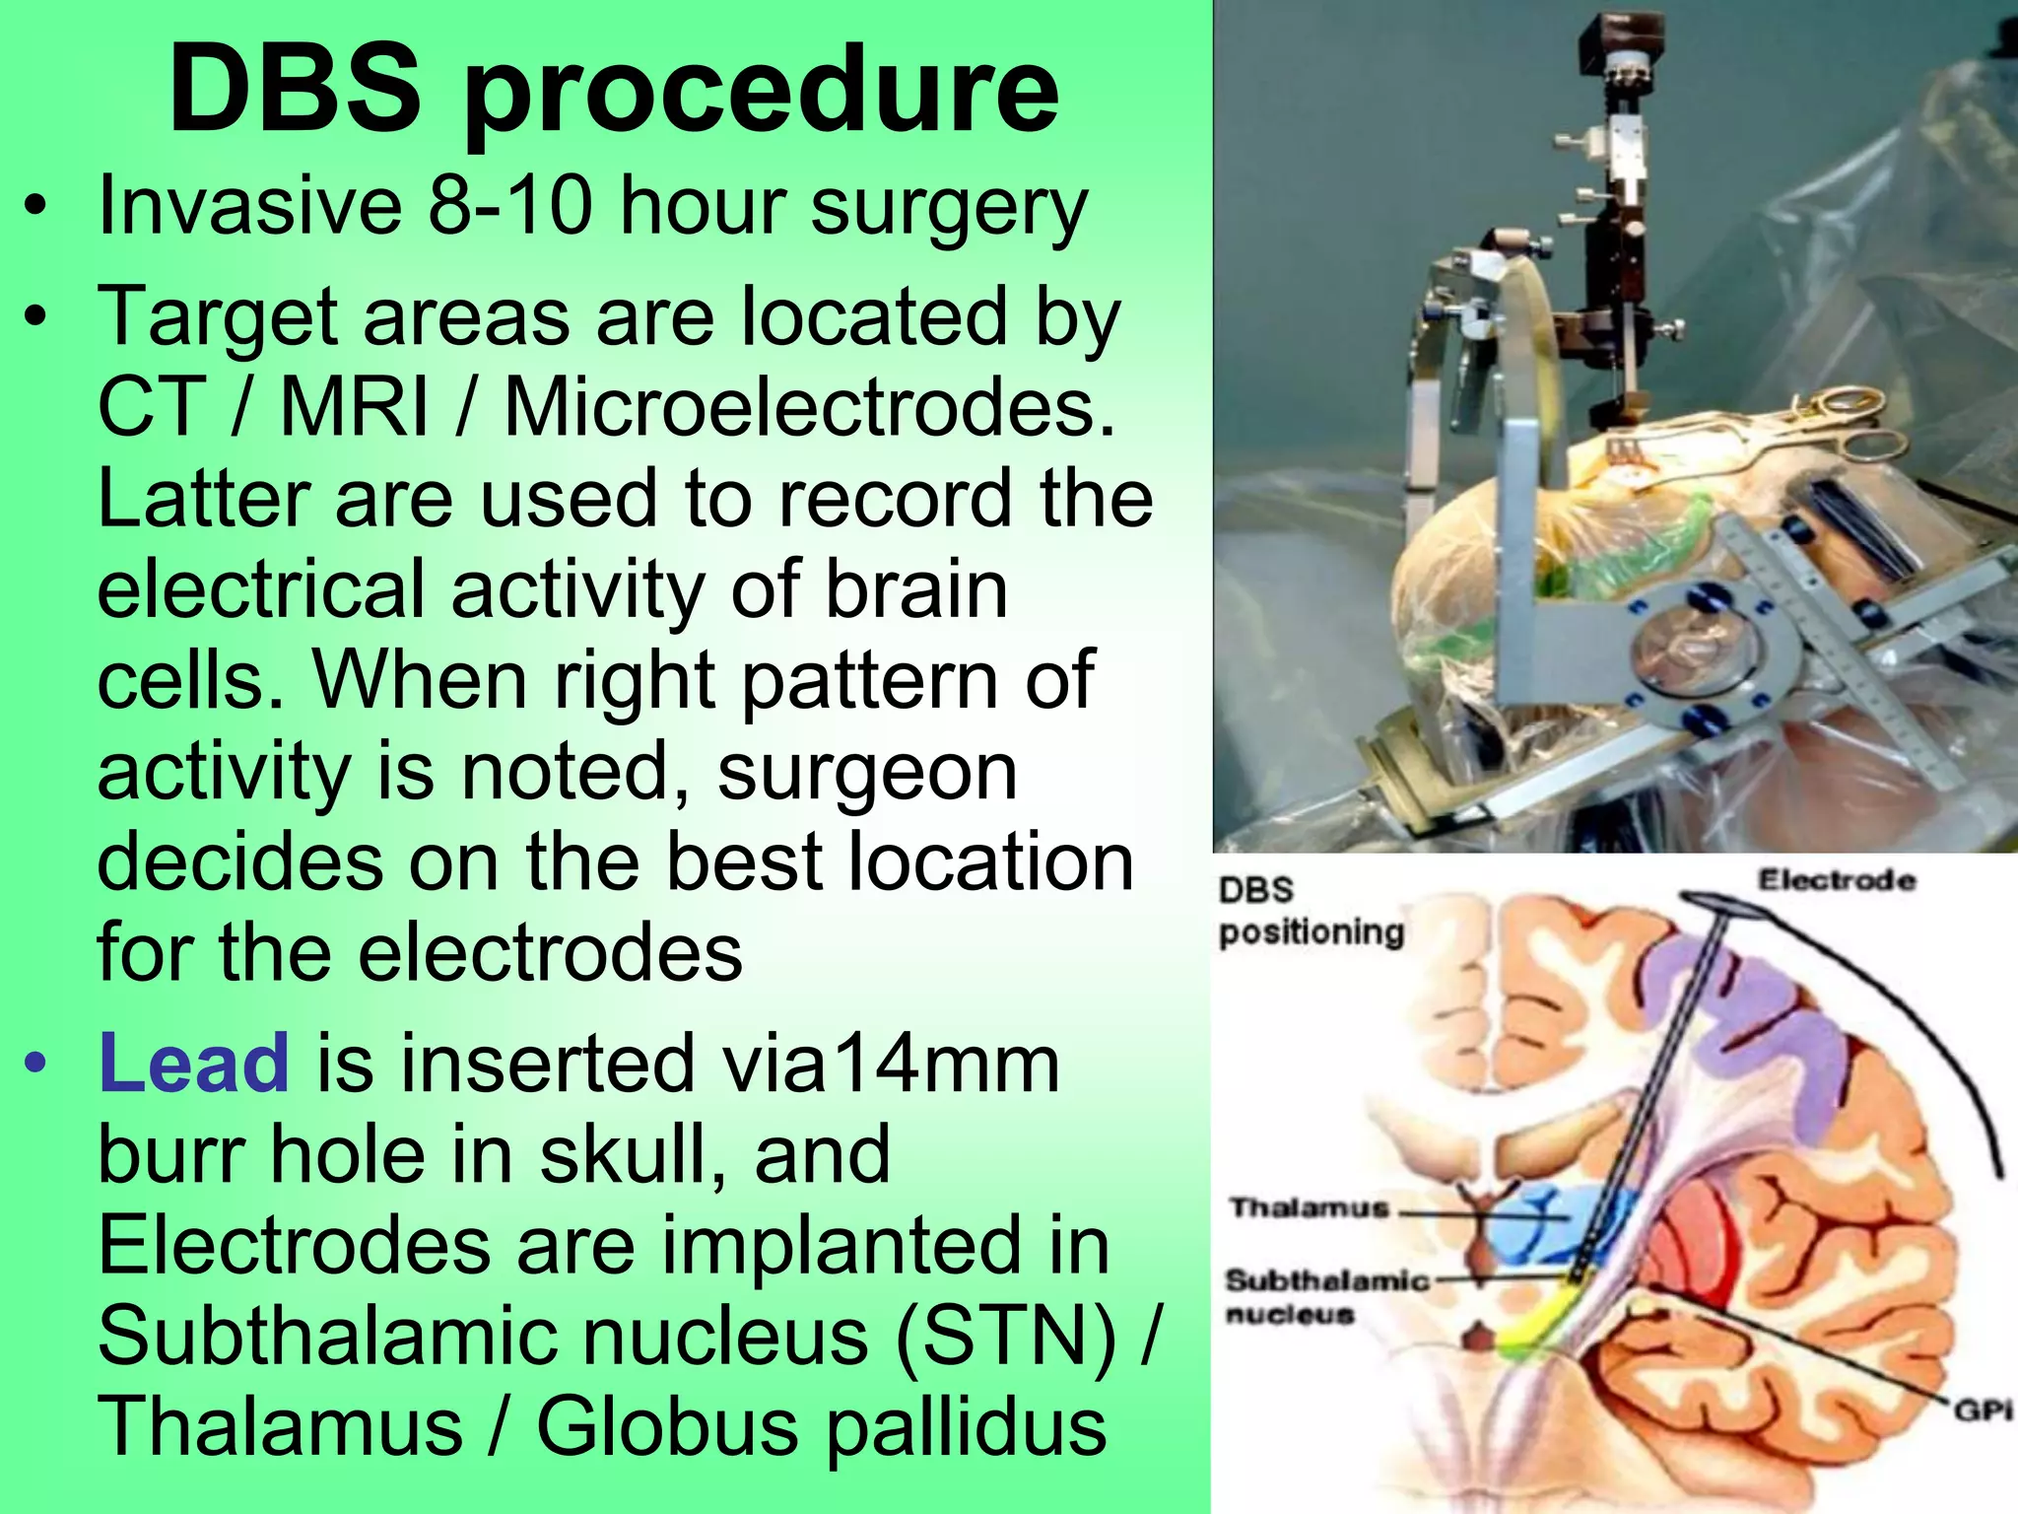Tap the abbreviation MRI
(355, 407)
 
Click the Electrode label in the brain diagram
(1837, 880)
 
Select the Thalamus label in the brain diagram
(1309, 1207)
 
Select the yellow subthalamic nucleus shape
(1537, 1321)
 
